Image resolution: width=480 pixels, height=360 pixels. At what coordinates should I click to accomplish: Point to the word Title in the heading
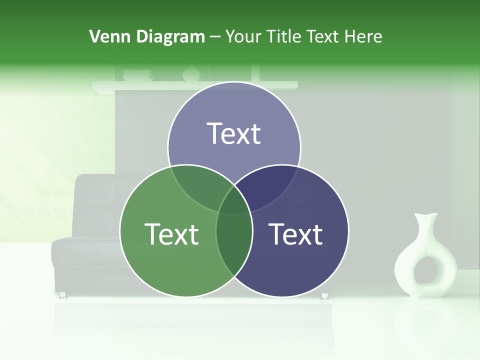tap(284, 36)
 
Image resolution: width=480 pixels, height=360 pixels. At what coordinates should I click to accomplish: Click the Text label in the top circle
tap(234, 133)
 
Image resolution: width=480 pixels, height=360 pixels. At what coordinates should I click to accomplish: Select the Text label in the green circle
tap(171, 233)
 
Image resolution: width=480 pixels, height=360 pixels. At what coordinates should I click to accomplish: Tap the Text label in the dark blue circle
tap(296, 233)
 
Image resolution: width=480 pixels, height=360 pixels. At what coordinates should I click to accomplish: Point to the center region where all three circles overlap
tap(234, 202)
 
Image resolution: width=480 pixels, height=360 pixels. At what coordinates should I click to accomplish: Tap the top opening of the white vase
tap(426, 216)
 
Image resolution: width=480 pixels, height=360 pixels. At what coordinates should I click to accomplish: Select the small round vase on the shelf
tap(191, 74)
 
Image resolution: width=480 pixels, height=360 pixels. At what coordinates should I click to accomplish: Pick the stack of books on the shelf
tap(137, 75)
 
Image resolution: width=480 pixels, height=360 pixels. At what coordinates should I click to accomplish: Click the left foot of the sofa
tap(63, 295)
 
